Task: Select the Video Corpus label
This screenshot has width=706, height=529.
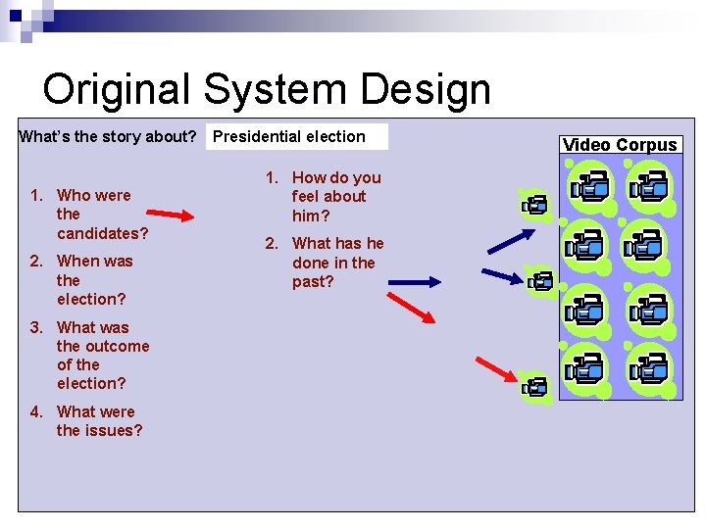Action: click(620, 145)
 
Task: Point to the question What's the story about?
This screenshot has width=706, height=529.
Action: click(109, 137)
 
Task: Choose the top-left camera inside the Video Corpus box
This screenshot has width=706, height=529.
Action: click(590, 186)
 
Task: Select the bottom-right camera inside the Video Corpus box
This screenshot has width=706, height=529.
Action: click(649, 369)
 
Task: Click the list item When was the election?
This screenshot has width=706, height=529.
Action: click(93, 280)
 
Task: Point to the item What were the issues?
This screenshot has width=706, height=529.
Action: click(98, 421)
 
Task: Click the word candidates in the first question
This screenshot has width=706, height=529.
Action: click(102, 233)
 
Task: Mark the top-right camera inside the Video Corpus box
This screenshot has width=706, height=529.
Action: click(649, 186)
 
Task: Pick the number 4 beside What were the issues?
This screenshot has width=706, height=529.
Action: click(34, 412)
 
